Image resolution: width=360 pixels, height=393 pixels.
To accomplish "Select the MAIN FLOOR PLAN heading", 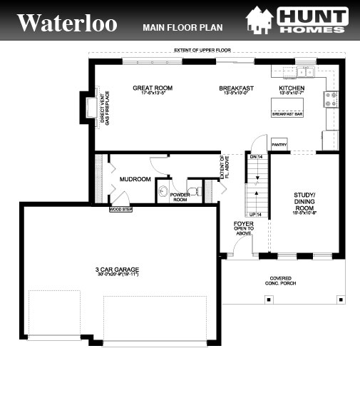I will (x=182, y=28).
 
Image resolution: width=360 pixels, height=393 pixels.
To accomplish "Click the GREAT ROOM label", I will (x=153, y=88).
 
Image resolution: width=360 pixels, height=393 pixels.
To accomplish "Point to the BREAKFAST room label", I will (x=237, y=88).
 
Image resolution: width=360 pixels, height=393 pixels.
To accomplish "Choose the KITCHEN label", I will (x=291, y=88).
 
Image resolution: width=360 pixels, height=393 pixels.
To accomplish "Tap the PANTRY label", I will (x=278, y=144).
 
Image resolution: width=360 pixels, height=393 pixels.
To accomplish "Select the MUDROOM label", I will (x=135, y=179).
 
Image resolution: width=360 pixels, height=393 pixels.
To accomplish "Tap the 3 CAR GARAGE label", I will (x=117, y=271).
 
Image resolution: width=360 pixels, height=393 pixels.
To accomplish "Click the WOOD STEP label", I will (x=120, y=210).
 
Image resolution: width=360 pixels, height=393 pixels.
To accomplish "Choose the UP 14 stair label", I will (x=254, y=214).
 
